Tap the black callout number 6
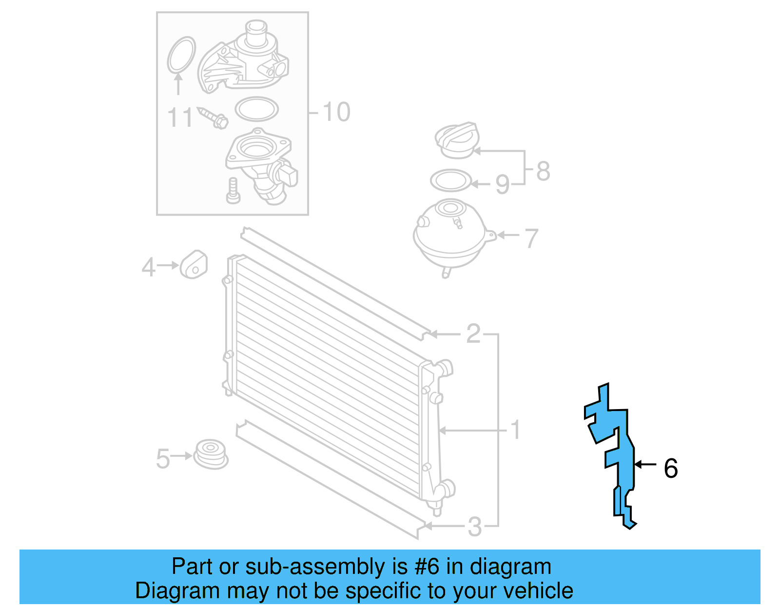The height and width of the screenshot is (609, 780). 671,468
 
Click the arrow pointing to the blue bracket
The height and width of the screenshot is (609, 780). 645,465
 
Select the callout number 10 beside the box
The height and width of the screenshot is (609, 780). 336,112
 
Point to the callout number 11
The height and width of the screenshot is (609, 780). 180,118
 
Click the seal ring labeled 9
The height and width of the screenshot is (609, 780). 451,181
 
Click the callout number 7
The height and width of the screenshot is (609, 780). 531,238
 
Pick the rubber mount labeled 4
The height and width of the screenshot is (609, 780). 194,265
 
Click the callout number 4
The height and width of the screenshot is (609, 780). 148,267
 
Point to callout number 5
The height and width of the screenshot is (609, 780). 163,459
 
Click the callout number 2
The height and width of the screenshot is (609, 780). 473,334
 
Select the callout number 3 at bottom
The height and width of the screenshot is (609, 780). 474,527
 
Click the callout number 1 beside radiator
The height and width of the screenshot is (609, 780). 515,430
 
